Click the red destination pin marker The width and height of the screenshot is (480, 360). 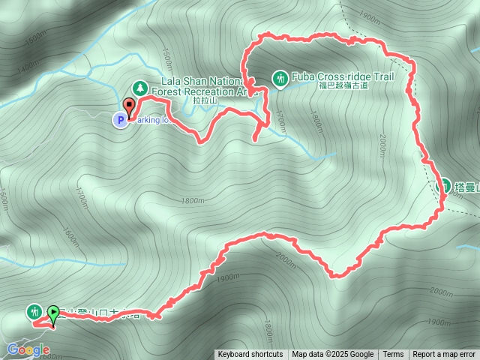click(128, 107)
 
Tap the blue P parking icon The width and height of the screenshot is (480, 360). click(119, 119)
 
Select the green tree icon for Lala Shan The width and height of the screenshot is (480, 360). click(139, 88)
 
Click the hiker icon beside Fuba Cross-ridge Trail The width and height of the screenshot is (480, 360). click(280, 78)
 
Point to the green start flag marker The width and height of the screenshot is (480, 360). click(54, 312)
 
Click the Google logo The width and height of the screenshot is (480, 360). click(28, 350)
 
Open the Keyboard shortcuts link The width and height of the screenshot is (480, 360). click(250, 355)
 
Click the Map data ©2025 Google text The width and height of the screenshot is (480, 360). click(332, 355)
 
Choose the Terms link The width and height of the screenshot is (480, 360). click(393, 355)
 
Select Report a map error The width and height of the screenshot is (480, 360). click(444, 355)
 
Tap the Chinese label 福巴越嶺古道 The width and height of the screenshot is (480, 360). click(343, 85)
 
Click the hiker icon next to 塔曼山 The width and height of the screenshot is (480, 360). click(445, 185)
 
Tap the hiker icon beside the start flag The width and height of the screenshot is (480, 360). click(34, 311)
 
